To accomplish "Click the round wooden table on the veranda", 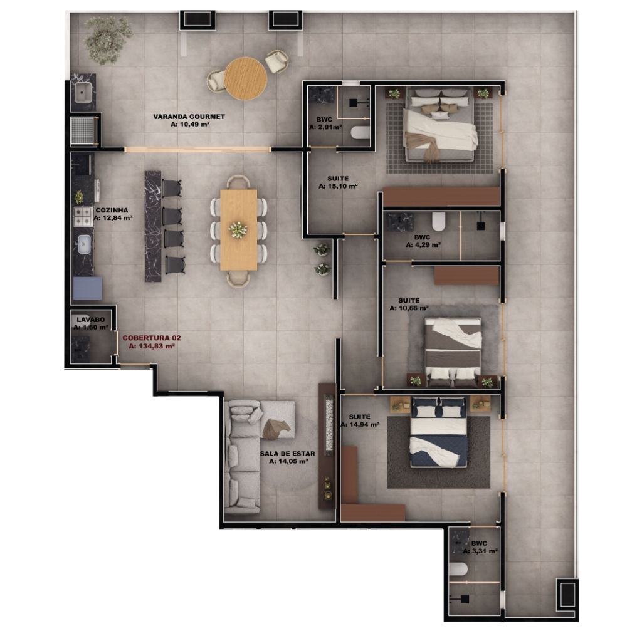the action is [x=245, y=78].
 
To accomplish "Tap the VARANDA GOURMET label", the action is [x=189, y=117].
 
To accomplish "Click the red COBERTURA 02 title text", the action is [x=152, y=338].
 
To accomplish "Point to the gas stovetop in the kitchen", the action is [x=83, y=216].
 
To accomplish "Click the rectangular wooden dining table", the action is [x=239, y=229].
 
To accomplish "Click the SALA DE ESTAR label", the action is [x=287, y=454].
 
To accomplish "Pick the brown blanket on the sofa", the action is [x=276, y=429].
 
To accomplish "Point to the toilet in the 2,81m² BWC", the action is [x=360, y=133].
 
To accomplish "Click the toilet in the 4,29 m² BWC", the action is [x=438, y=221].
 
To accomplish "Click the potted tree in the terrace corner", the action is [x=108, y=39].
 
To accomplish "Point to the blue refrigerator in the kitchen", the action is [x=87, y=288].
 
